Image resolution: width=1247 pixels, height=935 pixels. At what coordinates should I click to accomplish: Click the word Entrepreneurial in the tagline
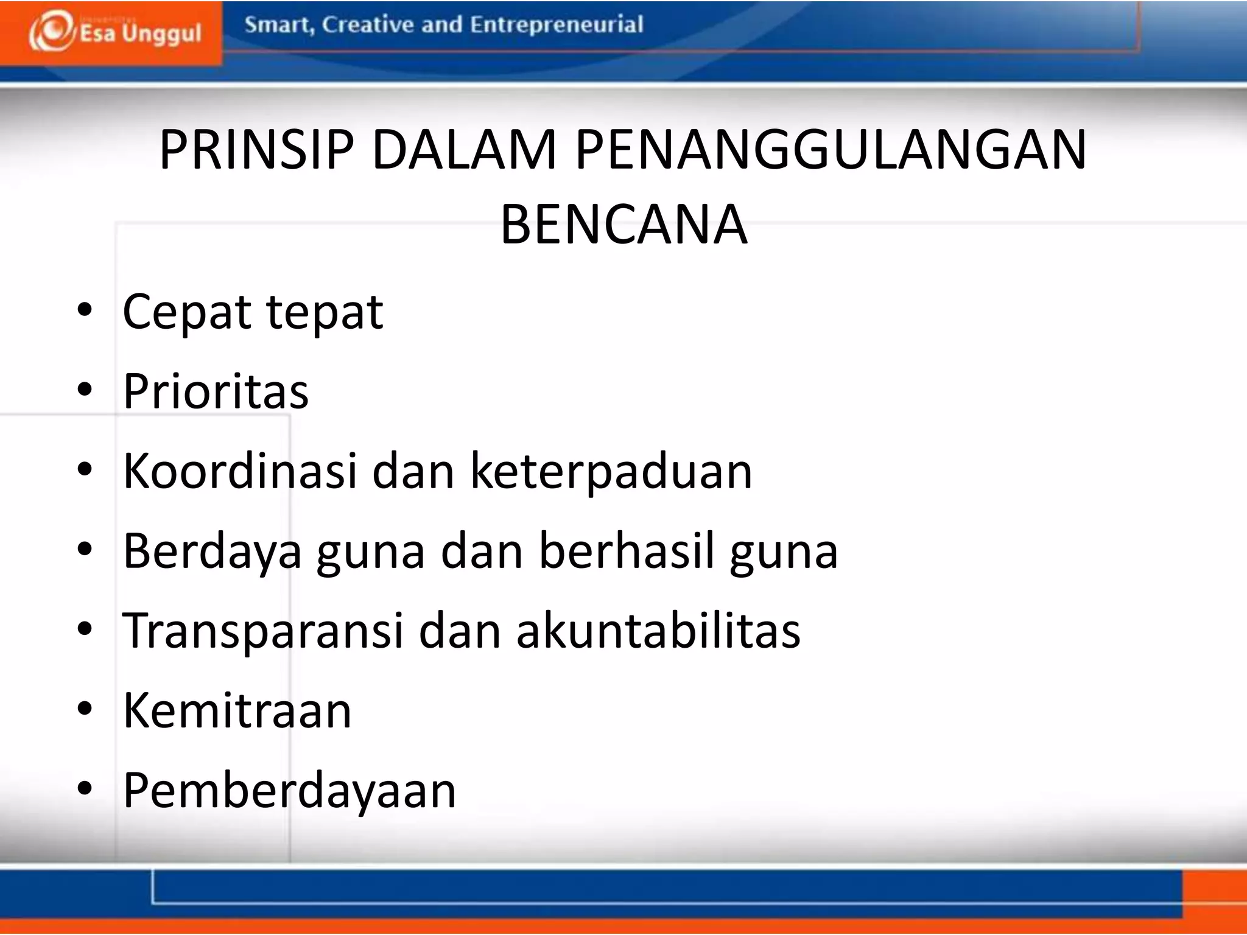coord(557,25)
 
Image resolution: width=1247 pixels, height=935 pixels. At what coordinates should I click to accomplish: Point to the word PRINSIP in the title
coord(256,150)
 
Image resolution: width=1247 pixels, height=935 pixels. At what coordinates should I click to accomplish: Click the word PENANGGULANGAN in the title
coord(831,150)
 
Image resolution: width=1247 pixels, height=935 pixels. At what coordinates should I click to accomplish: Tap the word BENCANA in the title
coord(623,225)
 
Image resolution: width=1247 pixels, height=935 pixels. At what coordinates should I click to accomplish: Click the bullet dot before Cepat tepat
coord(85,310)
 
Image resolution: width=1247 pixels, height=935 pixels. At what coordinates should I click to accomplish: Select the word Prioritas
coord(216,391)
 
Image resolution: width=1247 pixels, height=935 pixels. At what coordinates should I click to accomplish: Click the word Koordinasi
coord(240,471)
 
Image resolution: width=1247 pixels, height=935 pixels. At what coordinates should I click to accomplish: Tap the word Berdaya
coord(212,552)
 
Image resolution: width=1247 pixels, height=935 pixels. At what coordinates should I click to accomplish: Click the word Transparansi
coord(262,631)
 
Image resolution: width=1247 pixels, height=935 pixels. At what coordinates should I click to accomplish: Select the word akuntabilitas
coord(658,631)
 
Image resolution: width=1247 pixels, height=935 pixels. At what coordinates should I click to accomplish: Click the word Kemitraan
coord(237,710)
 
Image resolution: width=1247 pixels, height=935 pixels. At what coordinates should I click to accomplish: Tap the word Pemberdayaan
coord(289,791)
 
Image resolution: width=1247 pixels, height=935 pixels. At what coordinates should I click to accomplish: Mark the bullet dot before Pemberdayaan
coord(85,788)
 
